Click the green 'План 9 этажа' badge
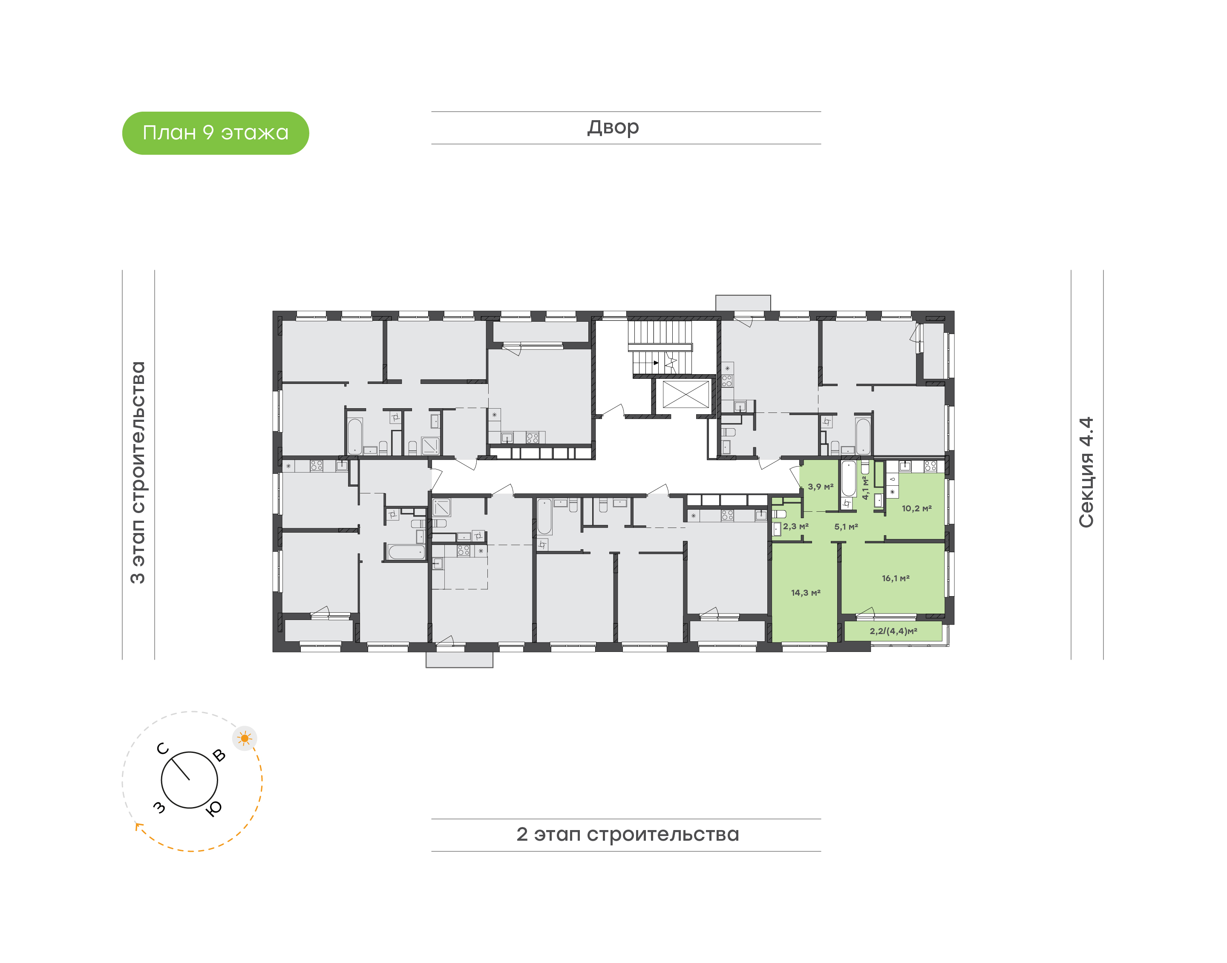tap(215, 133)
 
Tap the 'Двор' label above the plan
tap(613, 127)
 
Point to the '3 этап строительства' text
tap(138, 473)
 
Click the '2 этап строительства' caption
tap(627, 834)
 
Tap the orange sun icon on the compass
tap(245, 738)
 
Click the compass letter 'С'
tap(163, 749)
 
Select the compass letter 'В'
tap(219, 755)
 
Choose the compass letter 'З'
tap(159, 808)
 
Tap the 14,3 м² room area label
tap(805, 593)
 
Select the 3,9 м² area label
tap(820, 487)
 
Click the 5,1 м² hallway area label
tap(846, 527)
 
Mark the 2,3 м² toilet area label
tap(795, 526)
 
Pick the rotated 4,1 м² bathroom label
tap(865, 488)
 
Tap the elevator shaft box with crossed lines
tap(686, 394)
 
